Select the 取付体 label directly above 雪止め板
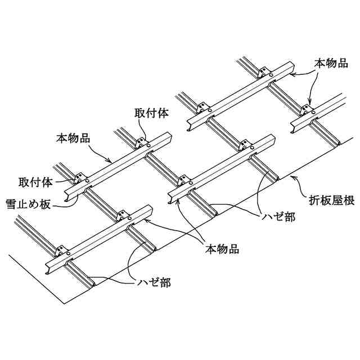coord(35,182)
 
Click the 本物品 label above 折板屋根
coord(331,64)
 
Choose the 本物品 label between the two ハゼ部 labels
coord(223,248)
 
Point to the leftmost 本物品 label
coord(74,137)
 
